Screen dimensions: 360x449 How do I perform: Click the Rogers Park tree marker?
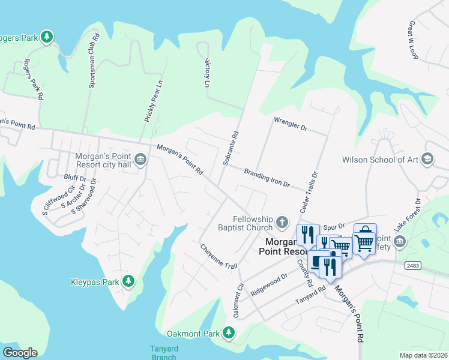click(47, 37)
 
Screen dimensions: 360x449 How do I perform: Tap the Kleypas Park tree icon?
click(128, 281)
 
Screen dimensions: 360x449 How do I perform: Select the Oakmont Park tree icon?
click(228, 332)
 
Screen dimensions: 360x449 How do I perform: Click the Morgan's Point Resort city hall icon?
click(140, 159)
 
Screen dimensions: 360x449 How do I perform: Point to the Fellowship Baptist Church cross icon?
click(282, 224)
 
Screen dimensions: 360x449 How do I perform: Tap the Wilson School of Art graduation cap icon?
click(427, 159)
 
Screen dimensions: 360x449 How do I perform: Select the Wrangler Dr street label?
click(290, 124)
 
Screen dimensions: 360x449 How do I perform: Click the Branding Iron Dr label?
click(267, 178)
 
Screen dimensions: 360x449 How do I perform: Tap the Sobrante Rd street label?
click(231, 148)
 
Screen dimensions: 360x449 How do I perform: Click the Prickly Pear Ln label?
click(153, 100)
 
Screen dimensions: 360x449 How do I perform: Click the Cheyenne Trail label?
click(219, 257)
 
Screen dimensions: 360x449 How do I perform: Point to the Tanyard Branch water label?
click(163, 353)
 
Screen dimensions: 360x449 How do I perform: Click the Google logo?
click(20, 352)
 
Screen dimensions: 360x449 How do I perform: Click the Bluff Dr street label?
click(75, 178)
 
